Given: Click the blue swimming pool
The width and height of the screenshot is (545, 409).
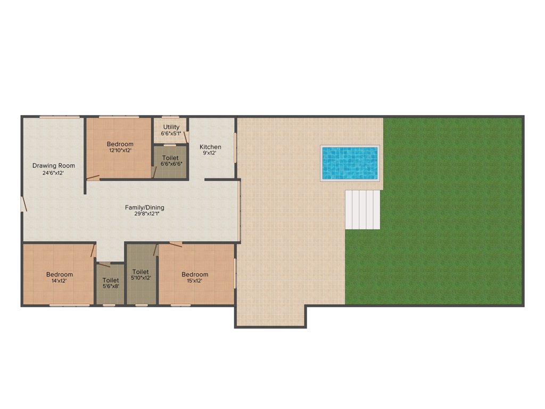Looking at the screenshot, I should [x=350, y=162].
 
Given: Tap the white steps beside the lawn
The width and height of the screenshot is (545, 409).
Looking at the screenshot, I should [x=362, y=209].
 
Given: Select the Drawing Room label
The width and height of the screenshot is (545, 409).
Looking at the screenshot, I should [x=53, y=166].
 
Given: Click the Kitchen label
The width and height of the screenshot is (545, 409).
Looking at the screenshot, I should [x=210, y=147].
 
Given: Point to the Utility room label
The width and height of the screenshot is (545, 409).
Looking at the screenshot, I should [x=171, y=127].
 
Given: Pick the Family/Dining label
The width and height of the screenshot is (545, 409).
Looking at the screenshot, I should [x=145, y=207].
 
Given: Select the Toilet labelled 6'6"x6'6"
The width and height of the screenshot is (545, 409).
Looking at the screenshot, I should [x=170, y=158].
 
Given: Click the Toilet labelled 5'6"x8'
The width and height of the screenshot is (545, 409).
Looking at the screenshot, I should [x=111, y=280].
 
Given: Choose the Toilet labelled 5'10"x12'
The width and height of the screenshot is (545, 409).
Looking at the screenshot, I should [x=141, y=272].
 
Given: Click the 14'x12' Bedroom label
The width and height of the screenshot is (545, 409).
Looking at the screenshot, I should [x=59, y=274].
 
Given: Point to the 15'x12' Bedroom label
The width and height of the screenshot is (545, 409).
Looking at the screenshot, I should [x=195, y=275].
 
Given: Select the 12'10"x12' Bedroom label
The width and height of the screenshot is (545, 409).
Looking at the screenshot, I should [x=120, y=144].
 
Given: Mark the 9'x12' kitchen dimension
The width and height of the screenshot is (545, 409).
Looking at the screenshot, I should [x=210, y=153].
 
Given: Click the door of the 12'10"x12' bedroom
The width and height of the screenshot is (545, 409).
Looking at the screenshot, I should [x=93, y=177].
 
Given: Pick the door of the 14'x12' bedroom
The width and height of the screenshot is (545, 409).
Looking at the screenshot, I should [x=93, y=250].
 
